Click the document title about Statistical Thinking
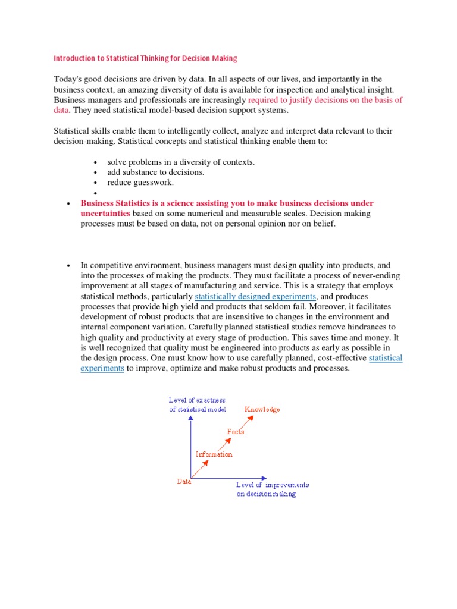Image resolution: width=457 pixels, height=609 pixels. [146, 58]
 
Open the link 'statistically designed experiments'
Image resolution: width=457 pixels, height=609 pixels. [256, 296]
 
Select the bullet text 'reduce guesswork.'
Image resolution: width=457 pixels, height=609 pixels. [140, 182]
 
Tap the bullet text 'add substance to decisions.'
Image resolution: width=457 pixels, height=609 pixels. [156, 172]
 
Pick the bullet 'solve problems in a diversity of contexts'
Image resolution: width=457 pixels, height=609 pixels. [181, 162]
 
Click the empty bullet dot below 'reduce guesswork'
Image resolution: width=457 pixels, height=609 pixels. [95, 193]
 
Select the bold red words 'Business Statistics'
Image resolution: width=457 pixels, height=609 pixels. [121, 203]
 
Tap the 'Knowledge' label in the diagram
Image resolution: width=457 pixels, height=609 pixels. [262, 409]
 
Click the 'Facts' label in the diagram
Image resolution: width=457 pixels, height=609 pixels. [235, 432]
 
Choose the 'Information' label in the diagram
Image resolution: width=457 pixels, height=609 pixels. [214, 454]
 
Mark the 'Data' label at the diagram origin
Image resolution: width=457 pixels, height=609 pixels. [184, 482]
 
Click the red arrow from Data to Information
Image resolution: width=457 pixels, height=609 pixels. [202, 468]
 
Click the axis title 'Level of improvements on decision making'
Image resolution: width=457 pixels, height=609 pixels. [272, 489]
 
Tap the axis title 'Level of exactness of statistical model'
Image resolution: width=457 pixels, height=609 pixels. [198, 405]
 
